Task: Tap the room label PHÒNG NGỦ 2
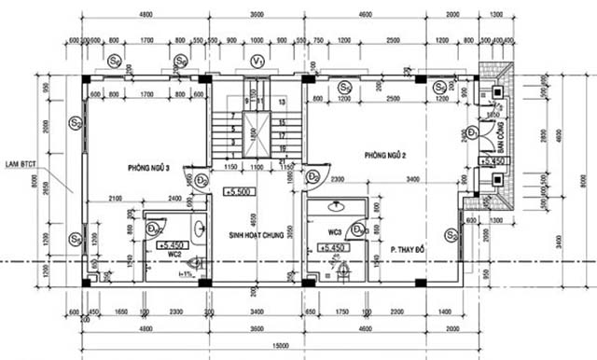click(386, 154)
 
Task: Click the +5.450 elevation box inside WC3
click(333, 247)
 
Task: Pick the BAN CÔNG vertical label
click(501, 137)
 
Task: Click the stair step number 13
click(281, 101)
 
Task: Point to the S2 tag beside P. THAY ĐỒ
click(451, 237)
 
